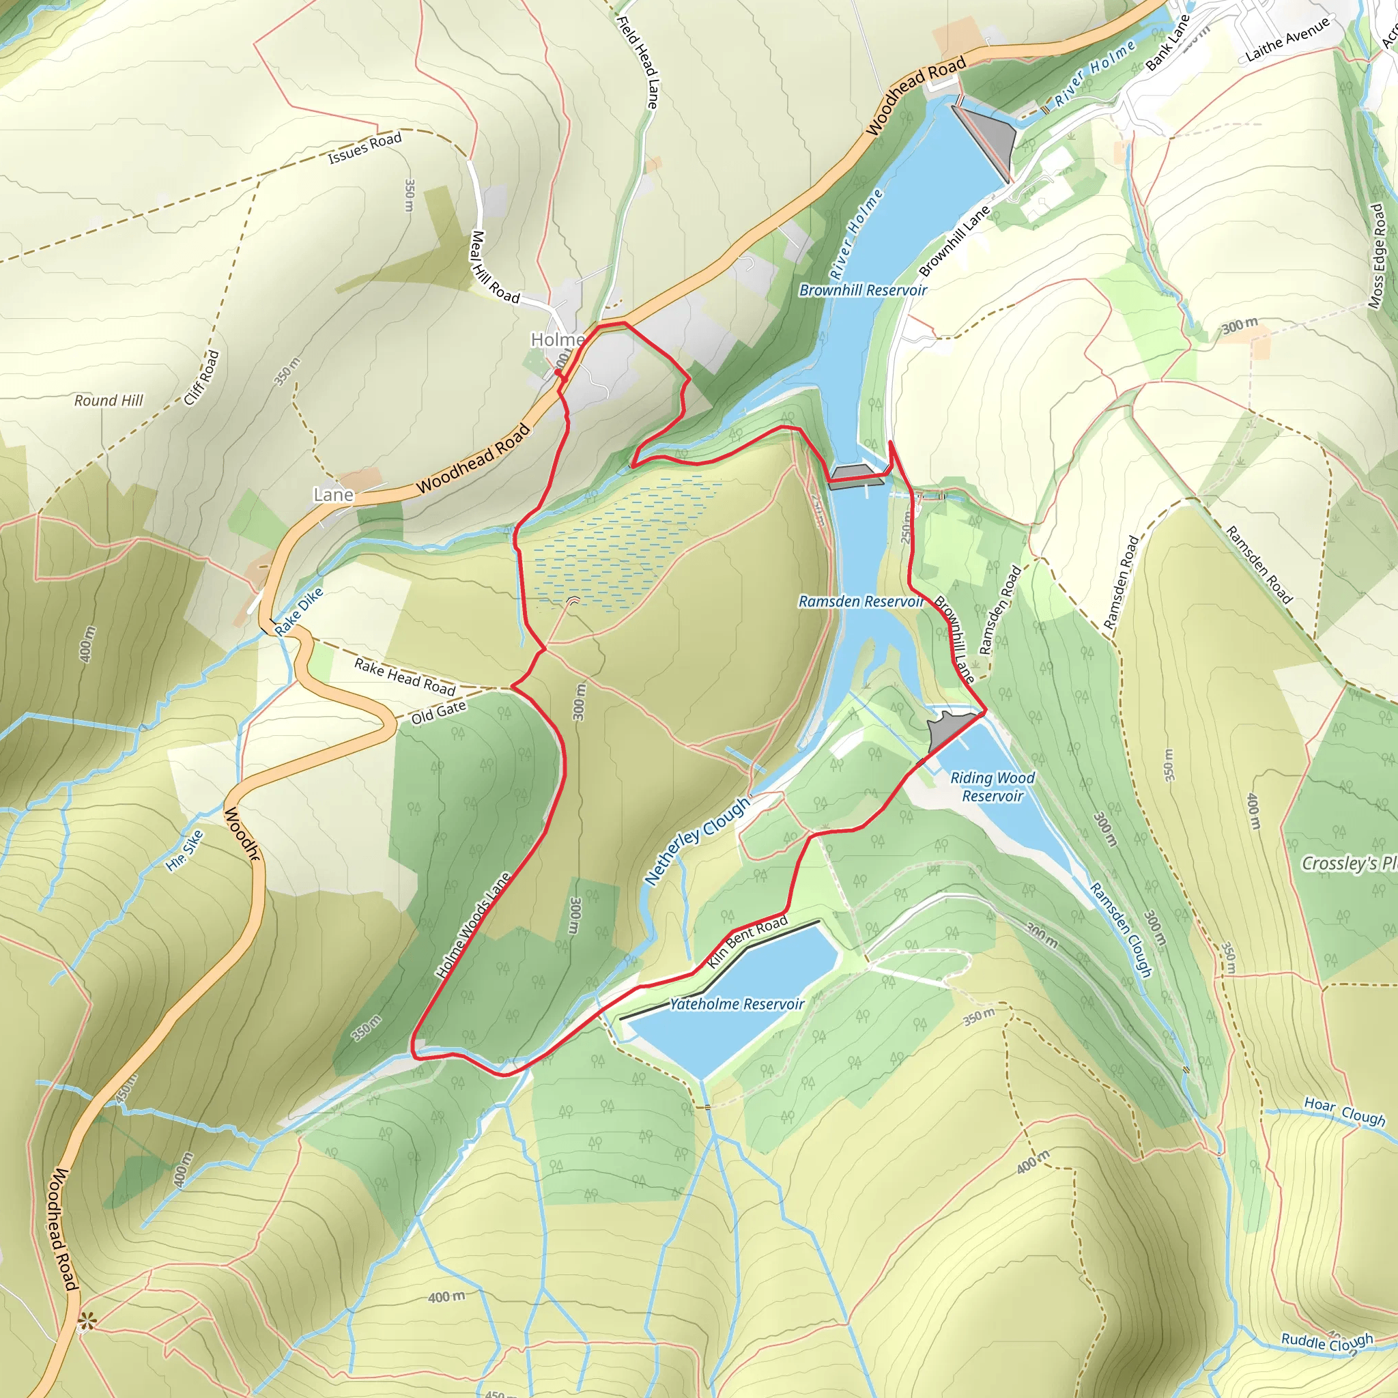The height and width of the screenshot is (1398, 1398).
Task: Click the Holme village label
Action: (557, 339)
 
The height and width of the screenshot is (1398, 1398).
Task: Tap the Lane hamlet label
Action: (333, 495)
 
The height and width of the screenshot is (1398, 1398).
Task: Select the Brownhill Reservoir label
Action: (863, 290)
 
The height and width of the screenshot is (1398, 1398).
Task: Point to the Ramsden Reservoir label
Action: (861, 601)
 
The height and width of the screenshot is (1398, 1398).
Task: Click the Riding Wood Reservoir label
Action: (992, 786)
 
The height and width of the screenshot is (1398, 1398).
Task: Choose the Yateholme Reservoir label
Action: (737, 1003)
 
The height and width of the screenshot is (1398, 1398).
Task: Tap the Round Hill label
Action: (109, 400)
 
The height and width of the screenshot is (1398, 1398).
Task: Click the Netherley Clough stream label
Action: (697, 841)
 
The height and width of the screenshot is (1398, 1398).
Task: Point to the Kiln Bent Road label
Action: (747, 941)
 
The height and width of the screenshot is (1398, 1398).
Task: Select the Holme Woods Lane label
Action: (473, 926)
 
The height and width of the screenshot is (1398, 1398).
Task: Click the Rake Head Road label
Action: (405, 676)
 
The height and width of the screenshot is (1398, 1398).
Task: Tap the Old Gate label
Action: (438, 713)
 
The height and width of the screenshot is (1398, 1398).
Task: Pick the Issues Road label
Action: (365, 148)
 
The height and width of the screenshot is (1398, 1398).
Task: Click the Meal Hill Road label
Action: (495, 267)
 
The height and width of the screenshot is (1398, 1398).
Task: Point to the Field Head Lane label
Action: (638, 62)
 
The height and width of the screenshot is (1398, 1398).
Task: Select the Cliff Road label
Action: (201, 377)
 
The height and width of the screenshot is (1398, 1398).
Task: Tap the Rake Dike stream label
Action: (298, 612)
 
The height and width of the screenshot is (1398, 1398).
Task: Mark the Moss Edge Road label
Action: (1377, 256)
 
